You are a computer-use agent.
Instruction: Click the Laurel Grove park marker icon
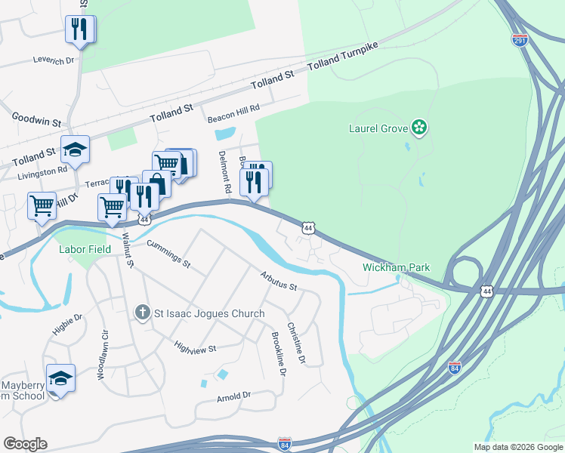coord(419,128)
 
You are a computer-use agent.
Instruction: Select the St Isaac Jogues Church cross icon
coord(141,313)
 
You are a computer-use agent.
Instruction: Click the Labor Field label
coord(85,248)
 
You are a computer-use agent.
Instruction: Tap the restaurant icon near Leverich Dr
coord(79,29)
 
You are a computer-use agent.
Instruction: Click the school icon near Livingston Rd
coord(75,149)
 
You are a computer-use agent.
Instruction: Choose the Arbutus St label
coord(279,282)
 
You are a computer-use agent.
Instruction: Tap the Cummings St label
coord(168,253)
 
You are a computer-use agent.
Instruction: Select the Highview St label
coord(196,347)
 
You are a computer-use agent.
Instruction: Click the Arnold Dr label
coord(233,395)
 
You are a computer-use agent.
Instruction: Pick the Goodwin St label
coord(36,119)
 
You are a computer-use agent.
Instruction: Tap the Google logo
coord(25,444)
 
